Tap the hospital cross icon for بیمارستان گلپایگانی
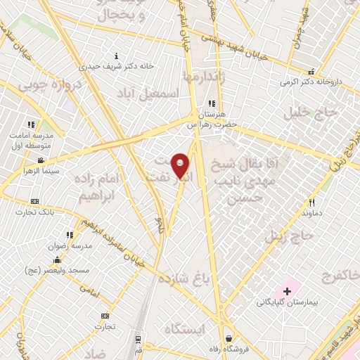point(287,290)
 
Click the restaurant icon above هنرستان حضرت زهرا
point(212,104)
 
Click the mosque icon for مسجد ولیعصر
point(58,260)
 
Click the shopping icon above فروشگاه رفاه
point(229,337)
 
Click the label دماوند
point(311,211)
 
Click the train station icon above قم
point(139,338)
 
